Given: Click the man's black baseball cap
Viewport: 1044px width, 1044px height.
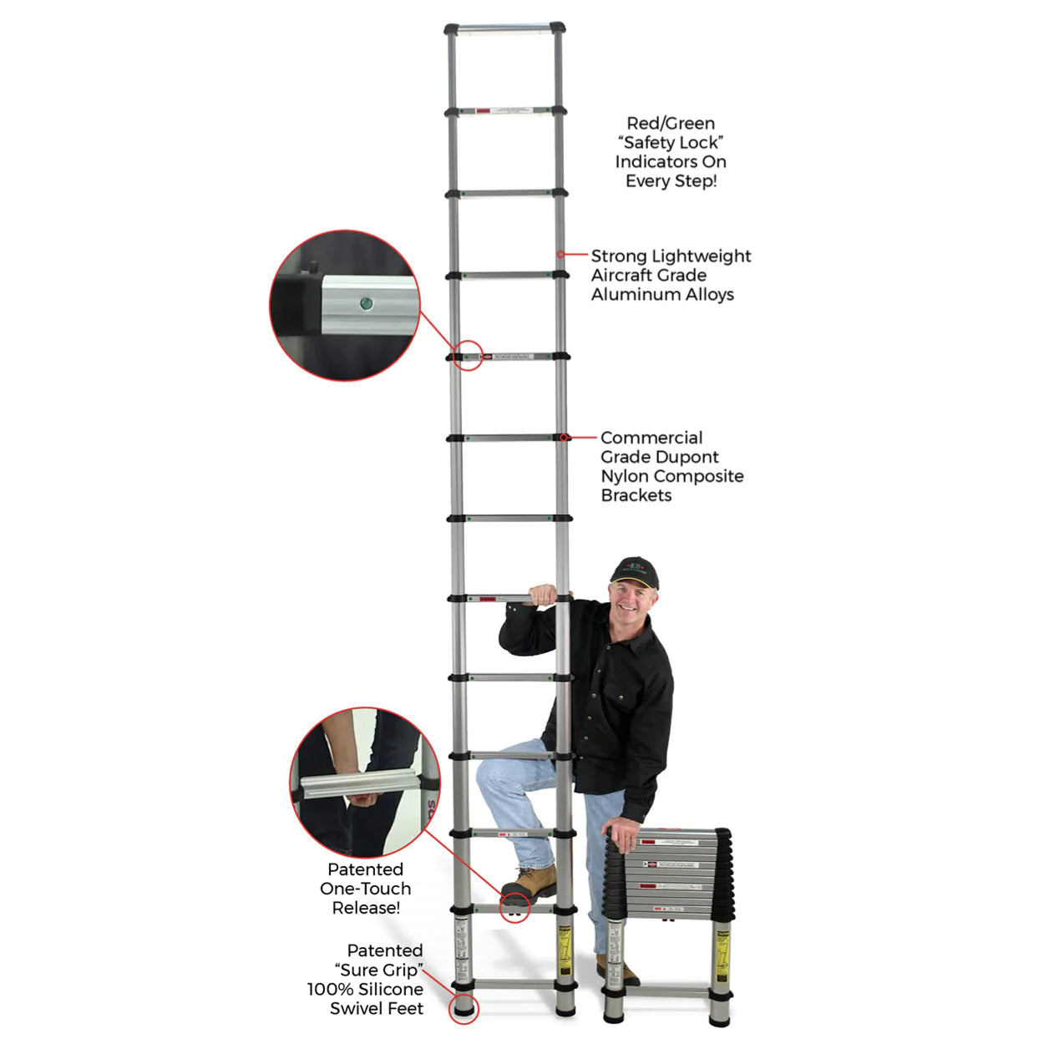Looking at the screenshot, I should [634, 572].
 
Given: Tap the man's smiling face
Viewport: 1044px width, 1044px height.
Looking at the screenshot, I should [630, 599].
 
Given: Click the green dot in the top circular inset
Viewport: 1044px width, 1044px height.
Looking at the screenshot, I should [365, 303].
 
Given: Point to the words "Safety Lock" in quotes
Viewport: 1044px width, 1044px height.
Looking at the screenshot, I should [671, 143].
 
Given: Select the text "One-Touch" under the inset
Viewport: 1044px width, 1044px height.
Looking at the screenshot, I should [365, 889].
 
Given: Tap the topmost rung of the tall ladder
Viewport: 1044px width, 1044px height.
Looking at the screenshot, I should [504, 28].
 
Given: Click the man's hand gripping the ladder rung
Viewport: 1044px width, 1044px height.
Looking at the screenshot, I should [544, 595].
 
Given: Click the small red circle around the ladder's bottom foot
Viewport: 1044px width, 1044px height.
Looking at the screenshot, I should [464, 1007].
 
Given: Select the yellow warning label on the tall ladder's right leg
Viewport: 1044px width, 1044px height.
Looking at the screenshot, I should [565, 951].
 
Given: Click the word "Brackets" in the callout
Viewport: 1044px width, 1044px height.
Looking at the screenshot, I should [636, 495].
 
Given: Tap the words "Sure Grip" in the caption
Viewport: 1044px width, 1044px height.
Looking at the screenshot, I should [378, 970].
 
